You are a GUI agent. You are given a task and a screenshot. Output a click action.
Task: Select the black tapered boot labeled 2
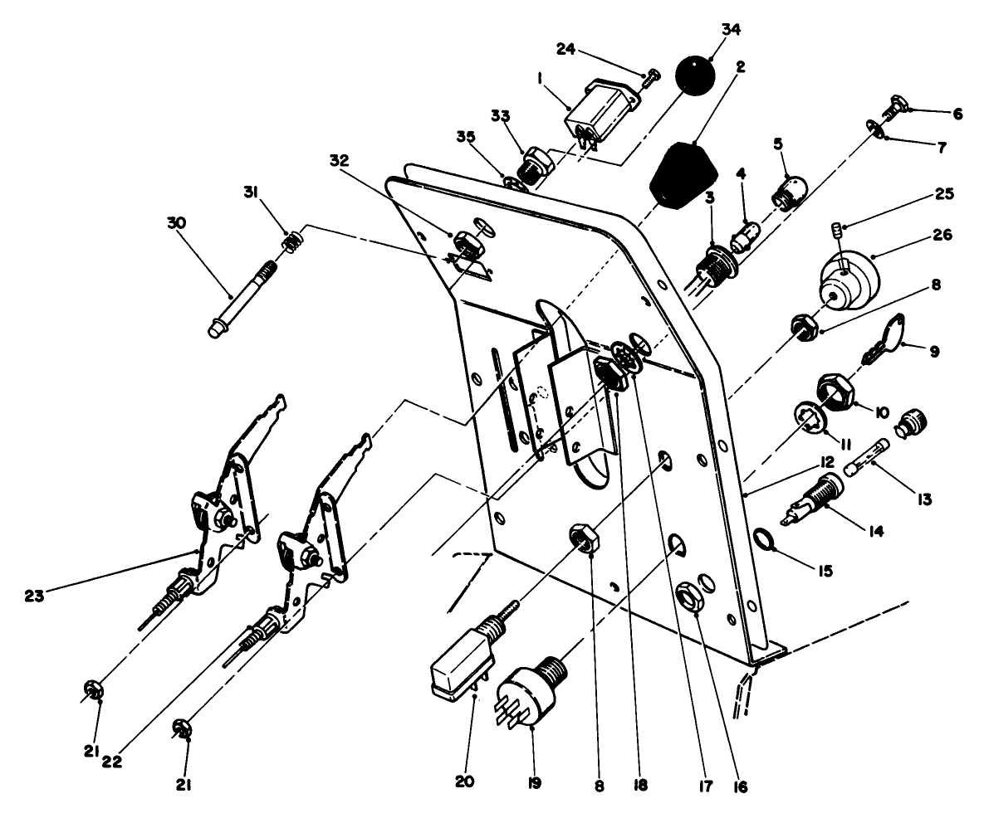pos(683,175)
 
